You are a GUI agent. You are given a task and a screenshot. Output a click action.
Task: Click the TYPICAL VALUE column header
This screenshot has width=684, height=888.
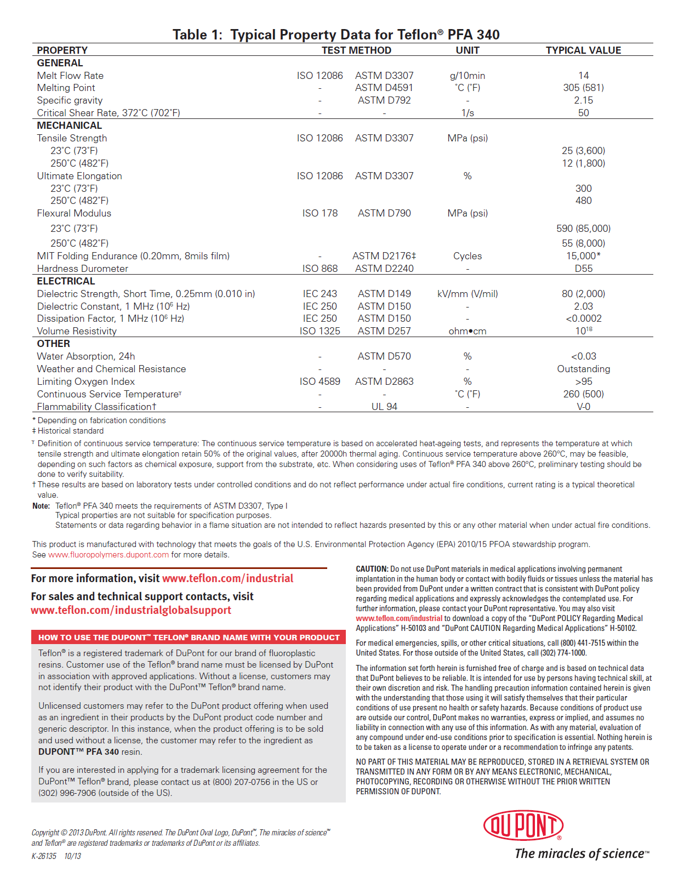point(583,50)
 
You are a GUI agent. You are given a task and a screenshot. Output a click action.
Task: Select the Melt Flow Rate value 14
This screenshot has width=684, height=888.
point(583,76)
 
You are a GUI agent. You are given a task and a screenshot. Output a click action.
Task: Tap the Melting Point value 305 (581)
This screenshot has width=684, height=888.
point(583,88)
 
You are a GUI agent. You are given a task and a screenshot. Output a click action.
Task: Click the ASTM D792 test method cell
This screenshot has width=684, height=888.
point(384,100)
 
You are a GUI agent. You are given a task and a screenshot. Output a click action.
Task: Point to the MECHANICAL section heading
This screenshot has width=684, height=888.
point(70,126)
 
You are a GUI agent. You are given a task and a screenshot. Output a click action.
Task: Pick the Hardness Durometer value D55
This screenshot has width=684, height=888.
point(583,269)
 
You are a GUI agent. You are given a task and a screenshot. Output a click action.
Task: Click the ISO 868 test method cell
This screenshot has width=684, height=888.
point(320,269)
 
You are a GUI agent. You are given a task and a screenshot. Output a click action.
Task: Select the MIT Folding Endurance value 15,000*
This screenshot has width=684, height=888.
point(583,256)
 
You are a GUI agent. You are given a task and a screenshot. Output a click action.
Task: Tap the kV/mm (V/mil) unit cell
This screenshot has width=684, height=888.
point(468,294)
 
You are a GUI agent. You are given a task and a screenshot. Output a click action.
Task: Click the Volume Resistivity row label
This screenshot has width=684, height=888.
point(77,331)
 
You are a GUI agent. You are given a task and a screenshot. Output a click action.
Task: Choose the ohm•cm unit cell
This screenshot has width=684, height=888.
point(468,331)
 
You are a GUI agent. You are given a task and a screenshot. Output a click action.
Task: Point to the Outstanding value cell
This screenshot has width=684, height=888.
point(583,369)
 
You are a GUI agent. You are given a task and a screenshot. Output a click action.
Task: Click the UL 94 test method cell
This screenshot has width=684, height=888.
point(384,407)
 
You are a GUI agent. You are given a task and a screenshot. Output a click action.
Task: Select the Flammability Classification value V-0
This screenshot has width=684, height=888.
point(583,407)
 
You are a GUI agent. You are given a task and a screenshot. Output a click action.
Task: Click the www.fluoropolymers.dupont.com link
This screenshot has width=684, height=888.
point(109,555)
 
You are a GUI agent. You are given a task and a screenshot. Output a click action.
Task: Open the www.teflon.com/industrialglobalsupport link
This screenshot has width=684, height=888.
point(131,610)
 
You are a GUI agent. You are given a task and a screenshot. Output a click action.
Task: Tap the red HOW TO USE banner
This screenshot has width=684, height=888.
point(189,637)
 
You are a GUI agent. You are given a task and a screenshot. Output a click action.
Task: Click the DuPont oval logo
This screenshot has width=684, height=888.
point(523,826)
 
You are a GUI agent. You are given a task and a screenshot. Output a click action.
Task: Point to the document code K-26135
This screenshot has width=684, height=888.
point(44,856)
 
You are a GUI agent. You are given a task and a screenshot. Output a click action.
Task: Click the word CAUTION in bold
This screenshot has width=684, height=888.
point(372,569)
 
